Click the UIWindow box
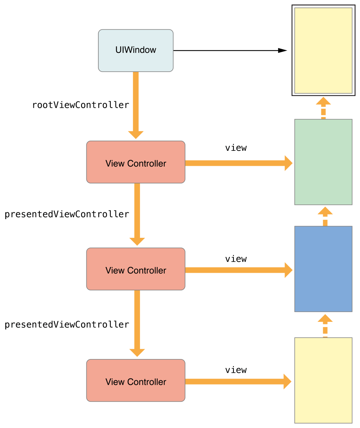coord(136,50)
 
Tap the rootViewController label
coord(81,105)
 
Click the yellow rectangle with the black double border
coord(323,50)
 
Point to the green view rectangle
coord(323,162)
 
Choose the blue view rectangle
coord(323,269)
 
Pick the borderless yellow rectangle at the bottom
coord(323,380)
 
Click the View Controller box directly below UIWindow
coord(136,162)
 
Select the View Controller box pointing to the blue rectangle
coord(136,269)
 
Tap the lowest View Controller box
coord(136,380)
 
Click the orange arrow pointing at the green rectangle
coord(238,163)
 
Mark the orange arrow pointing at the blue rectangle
coord(238,270)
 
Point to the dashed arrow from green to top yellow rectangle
coord(323,108)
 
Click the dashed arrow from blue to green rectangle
coord(325,216)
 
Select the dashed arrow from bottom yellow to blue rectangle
coord(325,325)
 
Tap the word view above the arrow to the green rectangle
coord(236,148)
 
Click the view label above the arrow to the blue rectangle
coord(236,259)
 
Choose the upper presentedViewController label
coord(67,214)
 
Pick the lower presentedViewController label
coord(67,324)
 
